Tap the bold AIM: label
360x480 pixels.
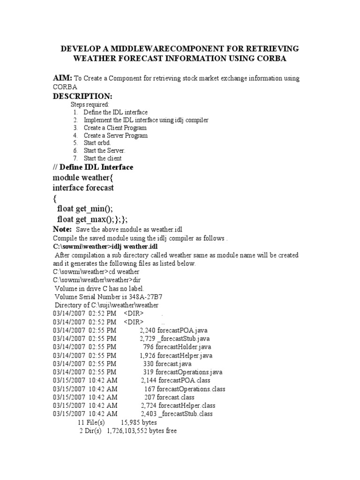62,78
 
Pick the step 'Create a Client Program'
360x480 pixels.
115,127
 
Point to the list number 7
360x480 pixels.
75,158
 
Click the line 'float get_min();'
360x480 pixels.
87,208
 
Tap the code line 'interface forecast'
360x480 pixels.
83,187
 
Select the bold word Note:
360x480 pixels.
62,229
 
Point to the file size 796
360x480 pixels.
149,347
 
